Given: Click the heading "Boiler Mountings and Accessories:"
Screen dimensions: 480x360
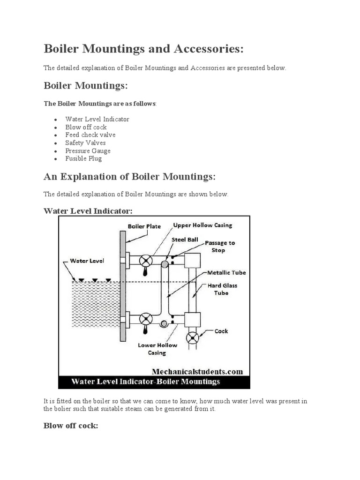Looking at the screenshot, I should (143, 49).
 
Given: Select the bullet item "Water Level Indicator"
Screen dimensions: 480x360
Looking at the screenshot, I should (97, 119).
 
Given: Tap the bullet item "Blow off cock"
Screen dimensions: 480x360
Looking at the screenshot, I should (86, 127).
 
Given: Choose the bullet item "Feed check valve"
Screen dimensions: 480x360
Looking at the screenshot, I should (90, 135).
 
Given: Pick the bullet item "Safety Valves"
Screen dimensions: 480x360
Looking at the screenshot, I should (85, 143).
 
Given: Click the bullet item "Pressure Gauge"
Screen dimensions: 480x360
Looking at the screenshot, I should (88, 151).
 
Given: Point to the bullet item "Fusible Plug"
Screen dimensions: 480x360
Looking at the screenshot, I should (83, 159).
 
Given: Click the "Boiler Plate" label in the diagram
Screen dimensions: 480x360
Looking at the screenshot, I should (144, 226).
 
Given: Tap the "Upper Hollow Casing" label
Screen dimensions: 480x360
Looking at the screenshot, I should (202, 225).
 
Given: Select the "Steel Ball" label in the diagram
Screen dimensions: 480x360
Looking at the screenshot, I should (186, 240).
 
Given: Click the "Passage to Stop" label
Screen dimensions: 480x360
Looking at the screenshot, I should (220, 247).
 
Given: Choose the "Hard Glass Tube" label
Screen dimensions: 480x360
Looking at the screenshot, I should (221, 289).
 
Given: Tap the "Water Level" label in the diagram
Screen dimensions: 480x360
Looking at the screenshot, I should (87, 261).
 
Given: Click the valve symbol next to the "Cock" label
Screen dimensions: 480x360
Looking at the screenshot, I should (193, 337).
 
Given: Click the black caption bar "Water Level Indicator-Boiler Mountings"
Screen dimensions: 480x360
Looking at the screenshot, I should (154, 382).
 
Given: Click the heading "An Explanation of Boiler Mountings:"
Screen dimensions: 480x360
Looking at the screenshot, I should (130, 177).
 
